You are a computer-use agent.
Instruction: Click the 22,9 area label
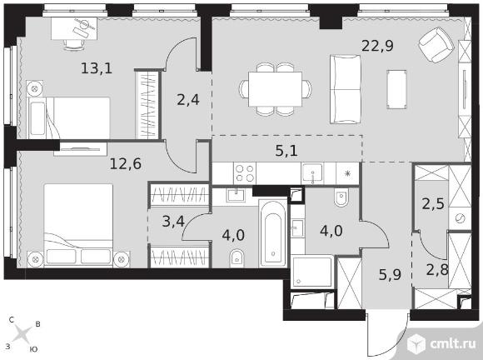click(377, 46)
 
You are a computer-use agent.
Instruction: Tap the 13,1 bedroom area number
click(97, 68)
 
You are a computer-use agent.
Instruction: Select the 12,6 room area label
click(126, 163)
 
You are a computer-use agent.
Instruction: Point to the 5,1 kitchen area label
click(286, 151)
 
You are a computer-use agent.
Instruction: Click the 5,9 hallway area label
click(390, 274)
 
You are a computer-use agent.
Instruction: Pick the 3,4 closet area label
click(173, 221)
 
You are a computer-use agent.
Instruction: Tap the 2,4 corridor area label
click(188, 99)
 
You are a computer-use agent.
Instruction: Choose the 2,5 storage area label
click(433, 203)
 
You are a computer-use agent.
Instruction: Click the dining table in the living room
click(275, 89)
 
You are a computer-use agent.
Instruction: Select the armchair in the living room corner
click(436, 44)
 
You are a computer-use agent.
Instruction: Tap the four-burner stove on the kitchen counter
click(245, 173)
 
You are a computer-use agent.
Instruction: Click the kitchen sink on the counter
click(312, 173)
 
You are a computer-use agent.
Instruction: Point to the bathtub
click(273, 233)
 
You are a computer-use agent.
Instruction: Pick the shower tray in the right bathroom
click(312, 272)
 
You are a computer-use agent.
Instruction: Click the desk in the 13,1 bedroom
click(74, 28)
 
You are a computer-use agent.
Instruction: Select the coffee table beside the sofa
click(396, 89)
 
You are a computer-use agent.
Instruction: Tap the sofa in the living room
click(345, 89)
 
